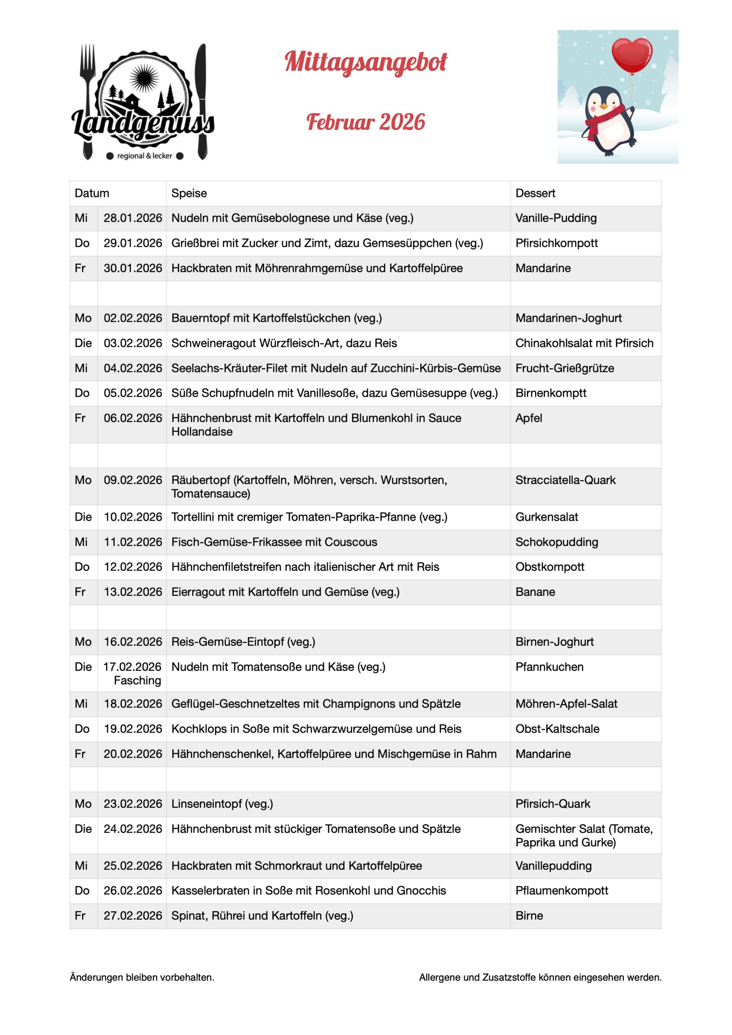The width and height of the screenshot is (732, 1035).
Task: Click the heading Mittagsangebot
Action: pos(365,62)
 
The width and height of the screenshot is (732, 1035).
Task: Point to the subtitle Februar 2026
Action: pos(365,122)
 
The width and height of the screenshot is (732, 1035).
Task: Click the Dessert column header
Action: pos(535,193)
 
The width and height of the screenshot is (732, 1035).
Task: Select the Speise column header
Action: pos(189,193)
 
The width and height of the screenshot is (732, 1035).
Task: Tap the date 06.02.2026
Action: pos(133,418)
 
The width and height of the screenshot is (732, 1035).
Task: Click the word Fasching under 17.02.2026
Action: pos(137,680)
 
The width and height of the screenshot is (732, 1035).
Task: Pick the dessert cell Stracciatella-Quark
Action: pos(565,480)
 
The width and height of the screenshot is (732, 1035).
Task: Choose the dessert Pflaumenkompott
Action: pos(561,890)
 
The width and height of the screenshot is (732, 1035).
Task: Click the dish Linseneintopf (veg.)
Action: pos(222,804)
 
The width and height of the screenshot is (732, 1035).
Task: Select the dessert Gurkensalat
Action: pos(547,517)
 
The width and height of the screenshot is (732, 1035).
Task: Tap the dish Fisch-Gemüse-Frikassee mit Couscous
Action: pos(274,542)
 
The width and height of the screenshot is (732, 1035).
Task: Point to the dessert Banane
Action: pos(535,592)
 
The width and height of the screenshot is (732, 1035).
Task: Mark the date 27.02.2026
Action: pos(133,916)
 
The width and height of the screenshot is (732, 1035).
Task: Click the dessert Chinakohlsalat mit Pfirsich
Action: pos(584,343)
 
